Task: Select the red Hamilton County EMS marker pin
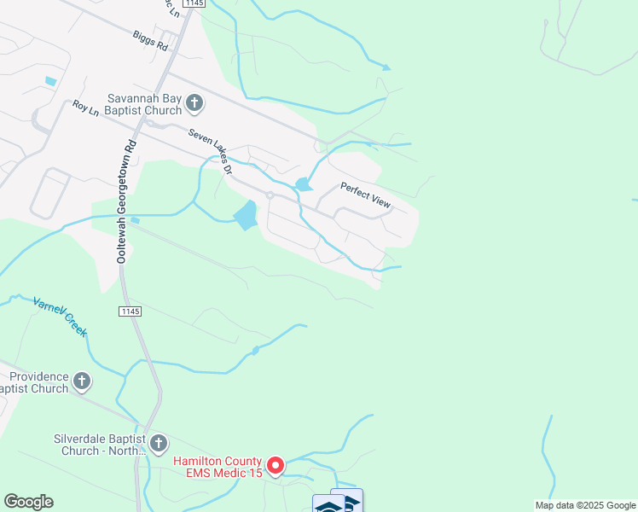pyautogui.click(x=275, y=465)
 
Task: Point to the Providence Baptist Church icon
pyautogui.click(x=82, y=381)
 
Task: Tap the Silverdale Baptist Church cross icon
pyautogui.click(x=159, y=443)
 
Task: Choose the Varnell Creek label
pyautogui.click(x=60, y=315)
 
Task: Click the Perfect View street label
pyautogui.click(x=365, y=195)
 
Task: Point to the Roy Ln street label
pyautogui.click(x=86, y=108)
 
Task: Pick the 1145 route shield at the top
pyautogui.click(x=194, y=4)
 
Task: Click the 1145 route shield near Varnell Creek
pyautogui.click(x=130, y=312)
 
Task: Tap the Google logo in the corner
pyautogui.click(x=28, y=502)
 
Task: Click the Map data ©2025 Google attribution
pyautogui.click(x=585, y=505)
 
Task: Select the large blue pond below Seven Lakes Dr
pyautogui.click(x=246, y=215)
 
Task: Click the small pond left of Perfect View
pyautogui.click(x=303, y=184)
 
